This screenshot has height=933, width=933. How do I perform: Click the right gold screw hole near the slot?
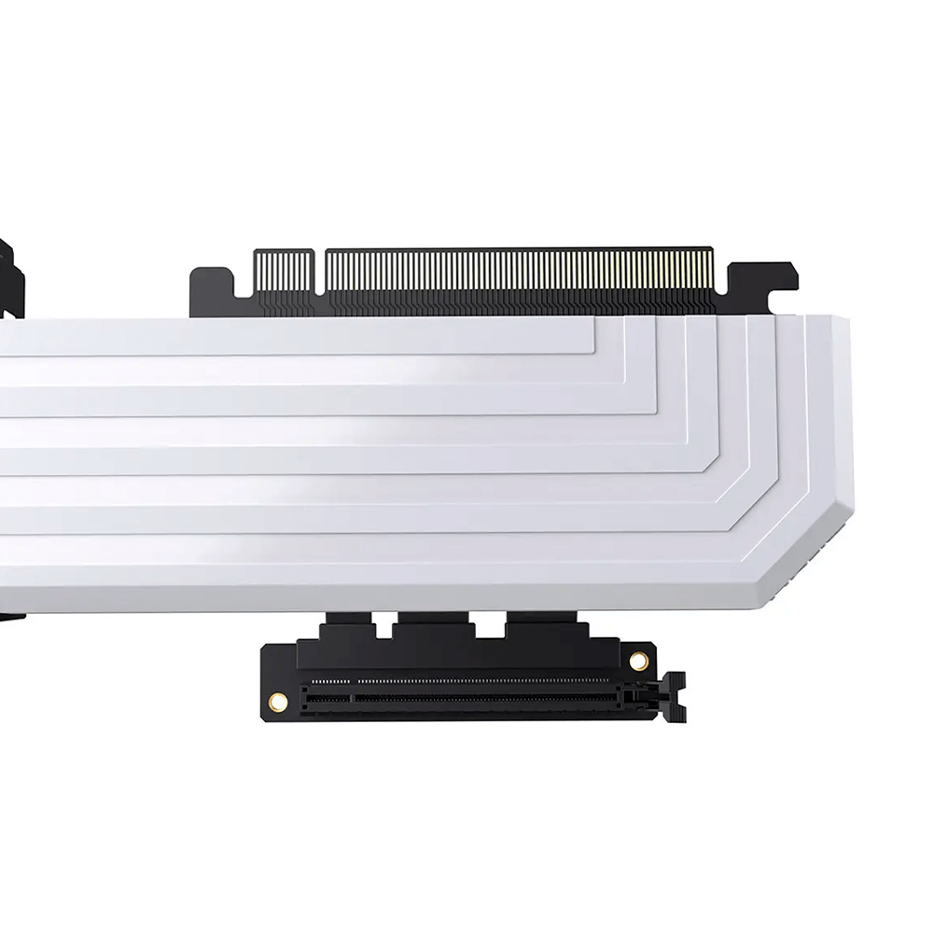tap(638, 661)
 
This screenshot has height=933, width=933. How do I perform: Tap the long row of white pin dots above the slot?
tap(485, 681)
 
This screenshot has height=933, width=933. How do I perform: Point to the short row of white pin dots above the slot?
tap(329, 681)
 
